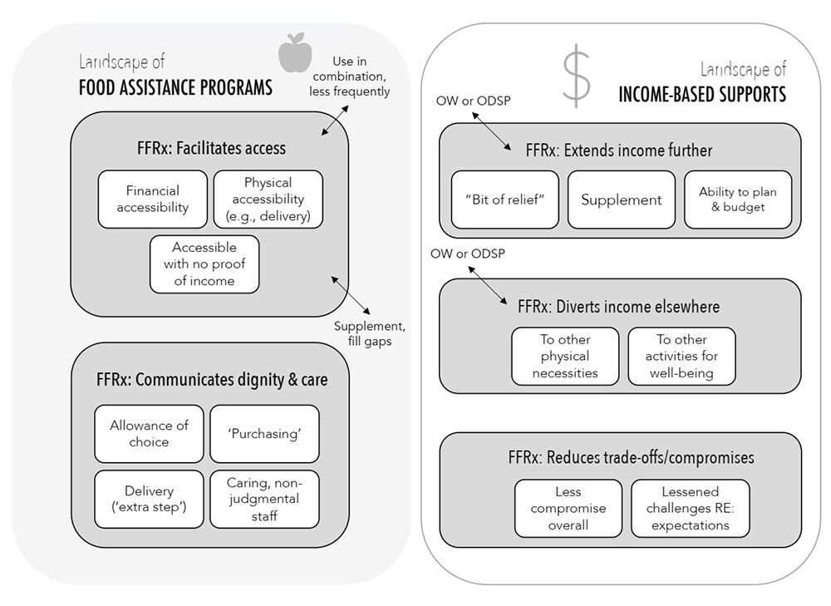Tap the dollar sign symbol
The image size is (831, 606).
[576, 76]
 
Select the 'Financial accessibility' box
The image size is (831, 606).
[152, 200]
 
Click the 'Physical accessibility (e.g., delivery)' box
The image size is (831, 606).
[268, 200]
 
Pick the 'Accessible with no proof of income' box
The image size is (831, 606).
[204, 264]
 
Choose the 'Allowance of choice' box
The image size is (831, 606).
[149, 433]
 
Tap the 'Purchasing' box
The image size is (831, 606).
[264, 433]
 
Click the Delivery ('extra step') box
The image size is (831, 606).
[149, 500]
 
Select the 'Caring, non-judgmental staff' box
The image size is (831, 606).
[264, 499]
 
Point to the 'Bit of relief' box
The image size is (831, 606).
[505, 200]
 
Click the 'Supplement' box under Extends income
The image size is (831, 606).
[622, 200]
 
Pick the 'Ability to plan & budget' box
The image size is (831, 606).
[738, 200]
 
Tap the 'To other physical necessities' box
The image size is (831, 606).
[565, 356]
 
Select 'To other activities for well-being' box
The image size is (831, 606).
[681, 356]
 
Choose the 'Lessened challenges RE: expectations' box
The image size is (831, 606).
[690, 508]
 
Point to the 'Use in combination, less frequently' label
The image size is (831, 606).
[349, 76]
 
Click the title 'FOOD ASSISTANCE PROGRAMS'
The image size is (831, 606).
[175, 87]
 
